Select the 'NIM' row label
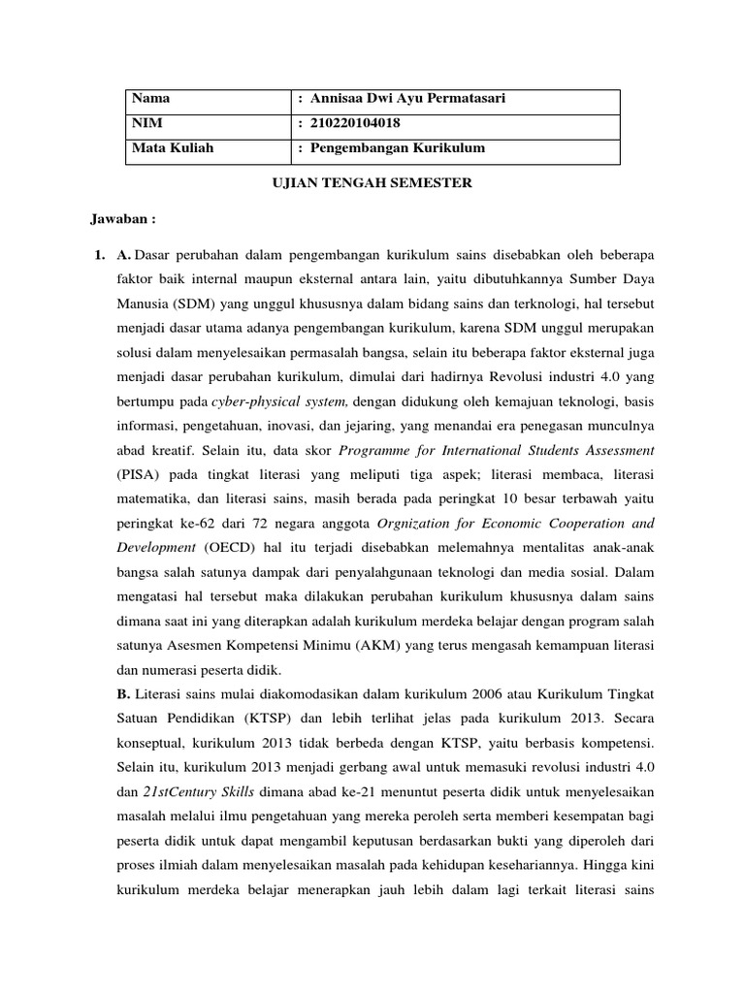146,124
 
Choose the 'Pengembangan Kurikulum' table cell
397,148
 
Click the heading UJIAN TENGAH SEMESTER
371,183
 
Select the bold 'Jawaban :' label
123,218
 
